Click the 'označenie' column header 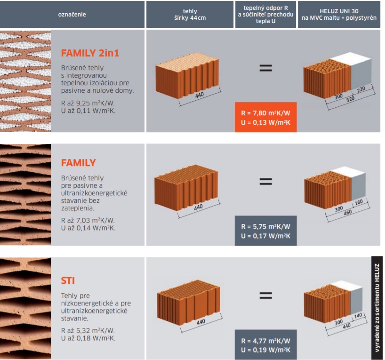pyautogui.click(x=72, y=15)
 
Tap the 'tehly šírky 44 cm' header pyautogui.click(x=190, y=15)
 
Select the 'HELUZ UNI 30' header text pyautogui.click(x=339, y=11)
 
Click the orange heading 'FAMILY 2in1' pyautogui.click(x=90, y=53)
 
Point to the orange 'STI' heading pyautogui.click(x=68, y=280)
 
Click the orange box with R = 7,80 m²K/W pyautogui.click(x=265, y=117)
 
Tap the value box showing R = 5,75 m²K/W pyautogui.click(x=265, y=231)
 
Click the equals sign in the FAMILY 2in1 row pyautogui.click(x=265, y=68)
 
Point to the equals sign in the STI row pyautogui.click(x=265, y=295)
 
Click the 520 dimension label pyautogui.click(x=350, y=99)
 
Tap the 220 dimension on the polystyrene pyautogui.click(x=361, y=89)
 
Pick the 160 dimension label pyautogui.click(x=359, y=202)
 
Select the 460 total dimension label pyautogui.click(x=348, y=212)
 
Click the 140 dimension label pyautogui.click(x=358, y=315)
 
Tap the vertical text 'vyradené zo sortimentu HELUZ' pyautogui.click(x=377, y=308)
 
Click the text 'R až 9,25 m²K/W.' pyautogui.click(x=88, y=103)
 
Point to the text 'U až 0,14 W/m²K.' pyautogui.click(x=88, y=228)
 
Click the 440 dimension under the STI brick pyautogui.click(x=201, y=322)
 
